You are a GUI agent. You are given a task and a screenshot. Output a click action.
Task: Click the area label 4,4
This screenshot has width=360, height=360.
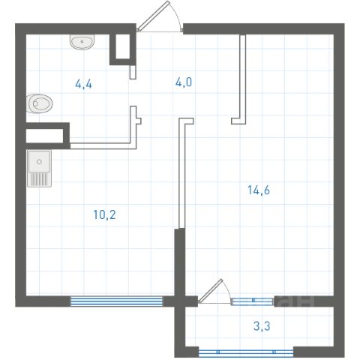(x=84, y=84)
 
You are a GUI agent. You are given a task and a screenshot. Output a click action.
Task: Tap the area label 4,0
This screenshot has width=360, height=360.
(x=184, y=82)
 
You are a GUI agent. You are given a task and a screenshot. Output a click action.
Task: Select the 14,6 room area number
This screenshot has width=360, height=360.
(x=259, y=190)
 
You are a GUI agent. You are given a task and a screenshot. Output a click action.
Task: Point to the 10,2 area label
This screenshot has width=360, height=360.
(x=104, y=214)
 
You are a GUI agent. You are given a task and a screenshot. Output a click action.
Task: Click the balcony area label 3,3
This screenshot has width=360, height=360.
(x=262, y=326)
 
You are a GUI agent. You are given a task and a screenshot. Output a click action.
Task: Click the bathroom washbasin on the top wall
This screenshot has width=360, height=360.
(x=82, y=42)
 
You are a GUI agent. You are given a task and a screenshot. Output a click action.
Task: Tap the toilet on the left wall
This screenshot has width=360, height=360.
(x=39, y=103)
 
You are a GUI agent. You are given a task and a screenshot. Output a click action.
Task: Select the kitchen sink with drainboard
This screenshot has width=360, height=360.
(x=39, y=168)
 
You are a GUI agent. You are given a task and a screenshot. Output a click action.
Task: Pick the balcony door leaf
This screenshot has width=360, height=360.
(x=210, y=291)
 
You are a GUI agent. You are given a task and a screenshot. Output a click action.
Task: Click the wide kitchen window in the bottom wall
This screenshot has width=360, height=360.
(x=116, y=301)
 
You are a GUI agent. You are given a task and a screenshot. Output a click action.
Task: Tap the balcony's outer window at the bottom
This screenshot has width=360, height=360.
(x=246, y=352)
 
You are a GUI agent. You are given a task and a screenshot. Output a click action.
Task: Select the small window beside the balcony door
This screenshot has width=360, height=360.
(x=252, y=301)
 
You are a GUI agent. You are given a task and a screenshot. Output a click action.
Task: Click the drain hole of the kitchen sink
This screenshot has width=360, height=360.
(x=39, y=162)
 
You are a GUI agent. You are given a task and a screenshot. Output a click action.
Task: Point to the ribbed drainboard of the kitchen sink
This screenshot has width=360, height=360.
(x=39, y=178)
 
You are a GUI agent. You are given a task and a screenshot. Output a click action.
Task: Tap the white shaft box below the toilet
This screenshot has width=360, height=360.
(x=45, y=136)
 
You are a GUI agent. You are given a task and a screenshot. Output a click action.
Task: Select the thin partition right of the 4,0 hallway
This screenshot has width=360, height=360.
(x=242, y=79)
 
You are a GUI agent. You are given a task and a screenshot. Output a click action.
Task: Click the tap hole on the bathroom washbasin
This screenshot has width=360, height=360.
(x=82, y=41)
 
